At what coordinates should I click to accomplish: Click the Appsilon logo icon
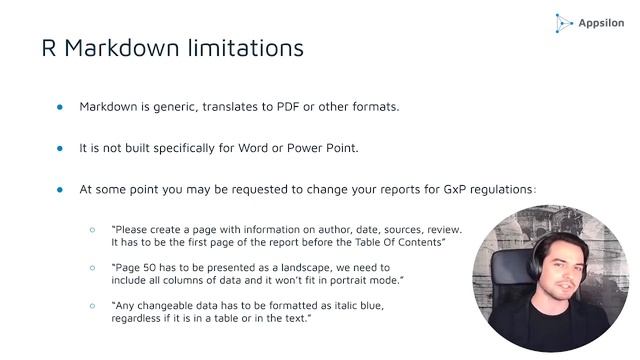click(x=564, y=22)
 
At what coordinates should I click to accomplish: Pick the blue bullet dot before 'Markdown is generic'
click(x=59, y=106)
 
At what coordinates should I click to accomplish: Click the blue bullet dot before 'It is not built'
click(x=59, y=147)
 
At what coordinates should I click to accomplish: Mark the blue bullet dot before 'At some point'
click(x=59, y=189)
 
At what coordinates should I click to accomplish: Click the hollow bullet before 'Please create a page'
click(x=93, y=229)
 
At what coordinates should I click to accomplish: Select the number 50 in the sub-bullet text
click(x=152, y=268)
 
